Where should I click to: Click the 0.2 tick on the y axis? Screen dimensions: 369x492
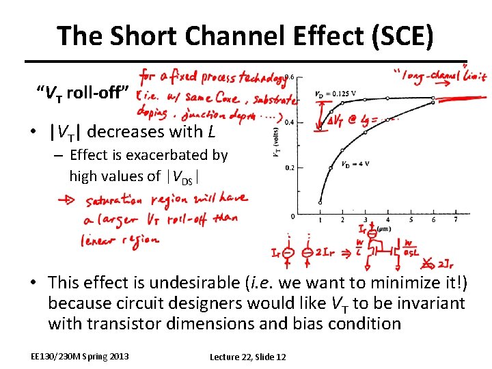click(289, 167)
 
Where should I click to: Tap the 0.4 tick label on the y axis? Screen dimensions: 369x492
click(289, 122)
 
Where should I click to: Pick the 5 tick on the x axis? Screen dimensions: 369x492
click(411, 220)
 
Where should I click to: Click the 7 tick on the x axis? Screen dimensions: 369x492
click(456, 220)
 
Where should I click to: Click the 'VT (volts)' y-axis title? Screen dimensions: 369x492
click(276, 143)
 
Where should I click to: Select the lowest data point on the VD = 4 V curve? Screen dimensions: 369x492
click(320, 202)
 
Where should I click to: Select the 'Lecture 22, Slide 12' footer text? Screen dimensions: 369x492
click(247, 357)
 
